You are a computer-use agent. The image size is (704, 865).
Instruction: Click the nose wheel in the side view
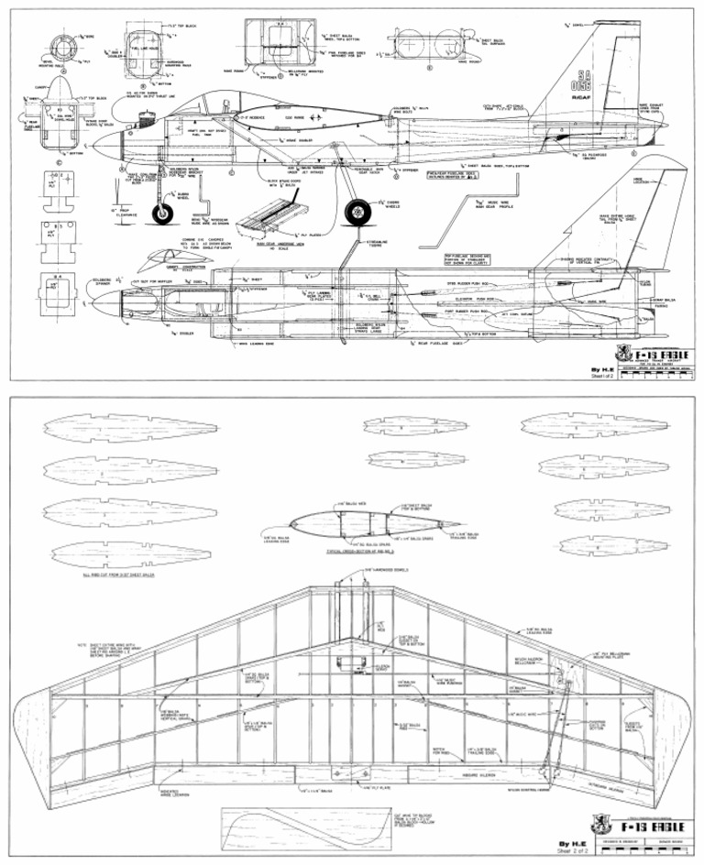pos(163,215)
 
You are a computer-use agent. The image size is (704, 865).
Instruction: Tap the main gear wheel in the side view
pos(357,214)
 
